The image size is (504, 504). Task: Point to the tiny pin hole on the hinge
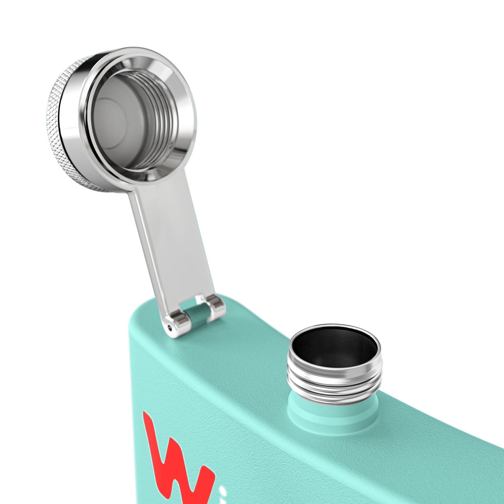click(170, 328)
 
